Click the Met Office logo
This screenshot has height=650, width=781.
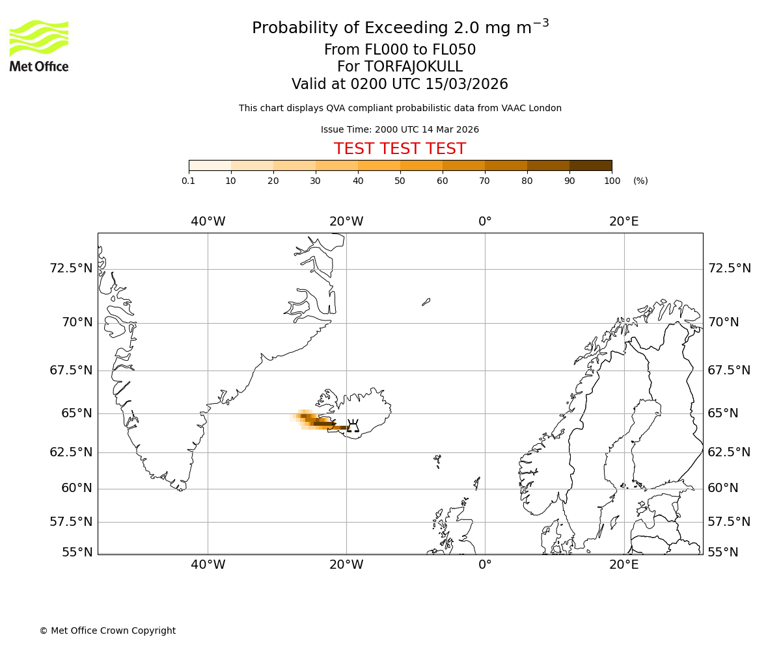39,45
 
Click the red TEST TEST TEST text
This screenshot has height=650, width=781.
400,149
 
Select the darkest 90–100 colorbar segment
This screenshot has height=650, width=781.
590,165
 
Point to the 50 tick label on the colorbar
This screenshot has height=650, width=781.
400,181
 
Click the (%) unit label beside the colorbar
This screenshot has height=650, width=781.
640,181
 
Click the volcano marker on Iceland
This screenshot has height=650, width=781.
353,426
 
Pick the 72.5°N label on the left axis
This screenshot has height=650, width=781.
72,268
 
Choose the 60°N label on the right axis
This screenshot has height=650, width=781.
723,488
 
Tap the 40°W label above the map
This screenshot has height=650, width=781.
208,222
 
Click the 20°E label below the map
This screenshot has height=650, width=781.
623,565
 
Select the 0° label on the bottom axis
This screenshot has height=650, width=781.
485,565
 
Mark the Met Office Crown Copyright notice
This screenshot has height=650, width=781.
107,630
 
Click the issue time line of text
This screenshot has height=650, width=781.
400,129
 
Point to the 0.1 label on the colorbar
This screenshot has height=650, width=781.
189,181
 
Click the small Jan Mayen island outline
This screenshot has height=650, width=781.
426,302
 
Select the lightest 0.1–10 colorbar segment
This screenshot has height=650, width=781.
210,165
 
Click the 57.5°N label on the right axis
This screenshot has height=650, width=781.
729,522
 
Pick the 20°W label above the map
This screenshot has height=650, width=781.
346,222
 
